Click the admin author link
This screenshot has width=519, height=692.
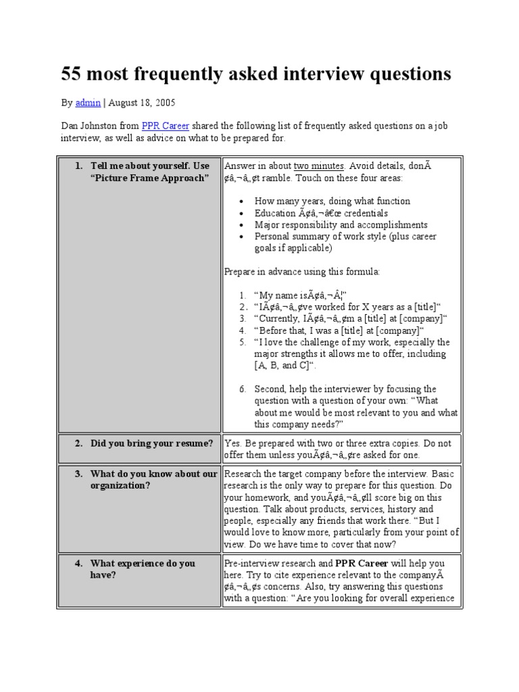click(88, 103)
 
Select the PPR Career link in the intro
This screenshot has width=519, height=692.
click(165, 126)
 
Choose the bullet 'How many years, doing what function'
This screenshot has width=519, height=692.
click(332, 201)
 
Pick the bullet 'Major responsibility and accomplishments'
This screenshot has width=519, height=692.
click(341, 224)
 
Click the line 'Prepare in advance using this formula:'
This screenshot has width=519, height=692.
click(302, 272)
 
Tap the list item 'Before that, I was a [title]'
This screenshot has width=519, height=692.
click(339, 330)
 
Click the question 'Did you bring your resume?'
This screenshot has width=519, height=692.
click(151, 443)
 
